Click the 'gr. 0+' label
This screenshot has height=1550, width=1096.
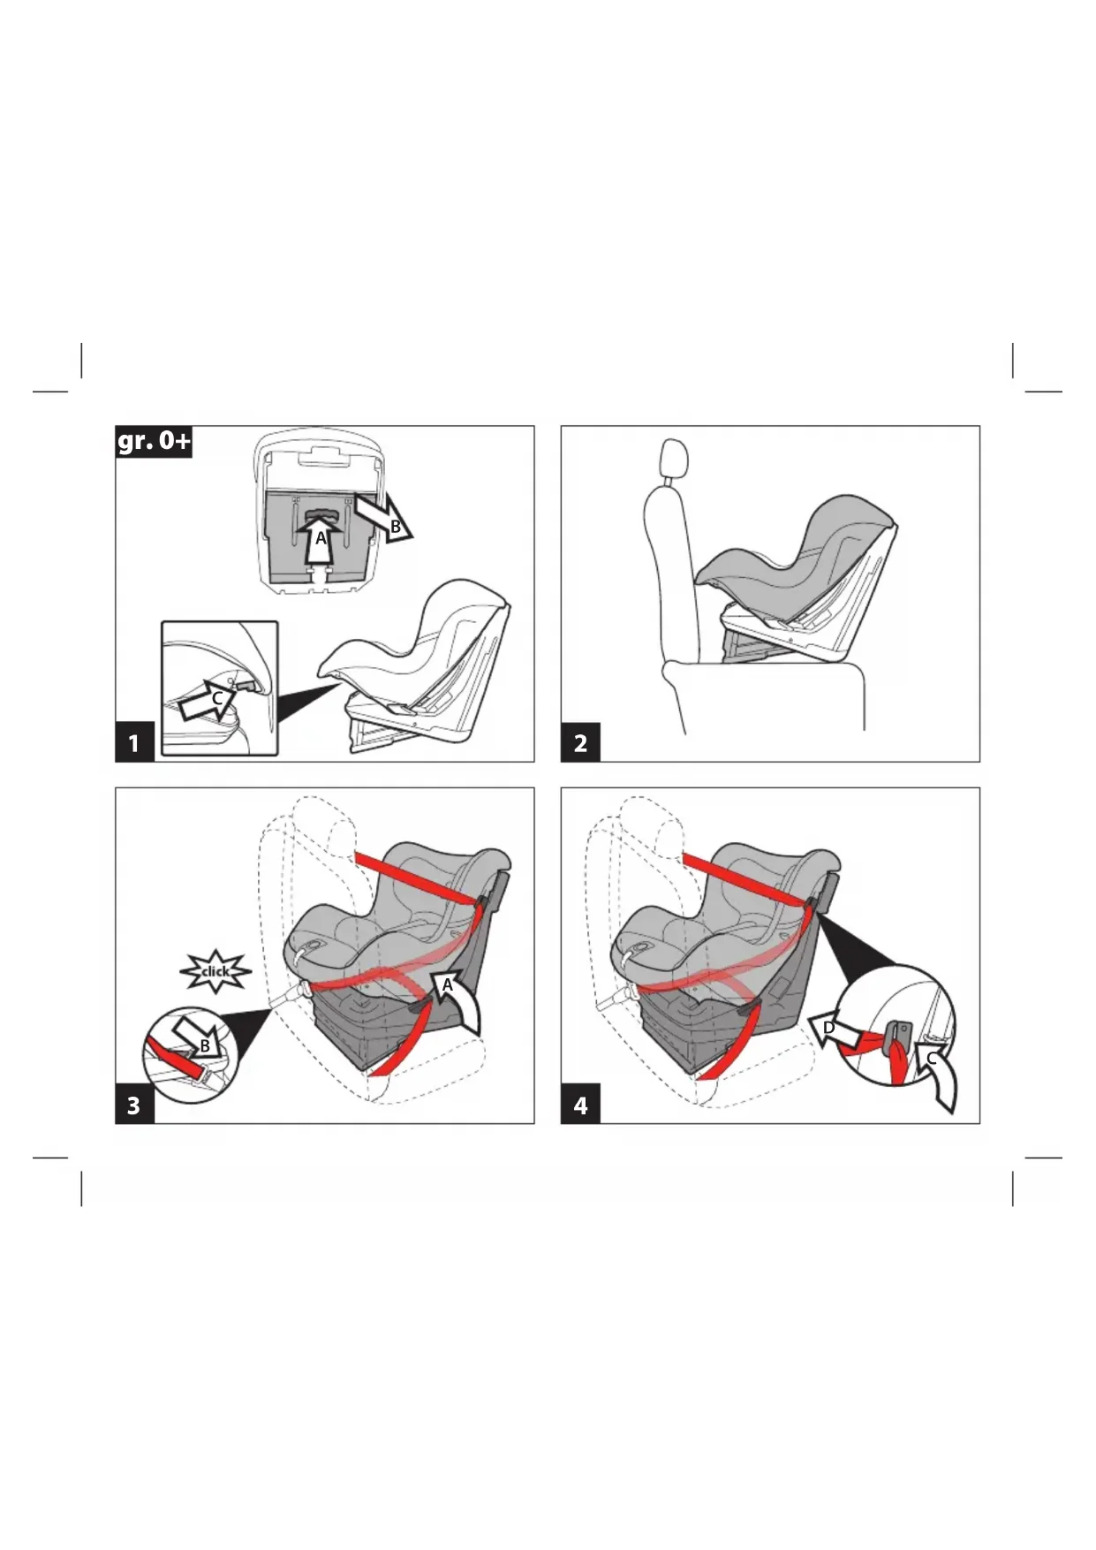(x=154, y=441)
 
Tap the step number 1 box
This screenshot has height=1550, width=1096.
(x=135, y=742)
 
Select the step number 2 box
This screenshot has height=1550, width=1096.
(x=580, y=742)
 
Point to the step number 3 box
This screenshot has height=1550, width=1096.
(x=135, y=1105)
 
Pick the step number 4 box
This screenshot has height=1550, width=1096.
(x=580, y=1105)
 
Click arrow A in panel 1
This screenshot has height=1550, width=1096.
(x=320, y=540)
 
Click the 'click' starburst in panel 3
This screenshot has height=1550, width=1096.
(x=215, y=971)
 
